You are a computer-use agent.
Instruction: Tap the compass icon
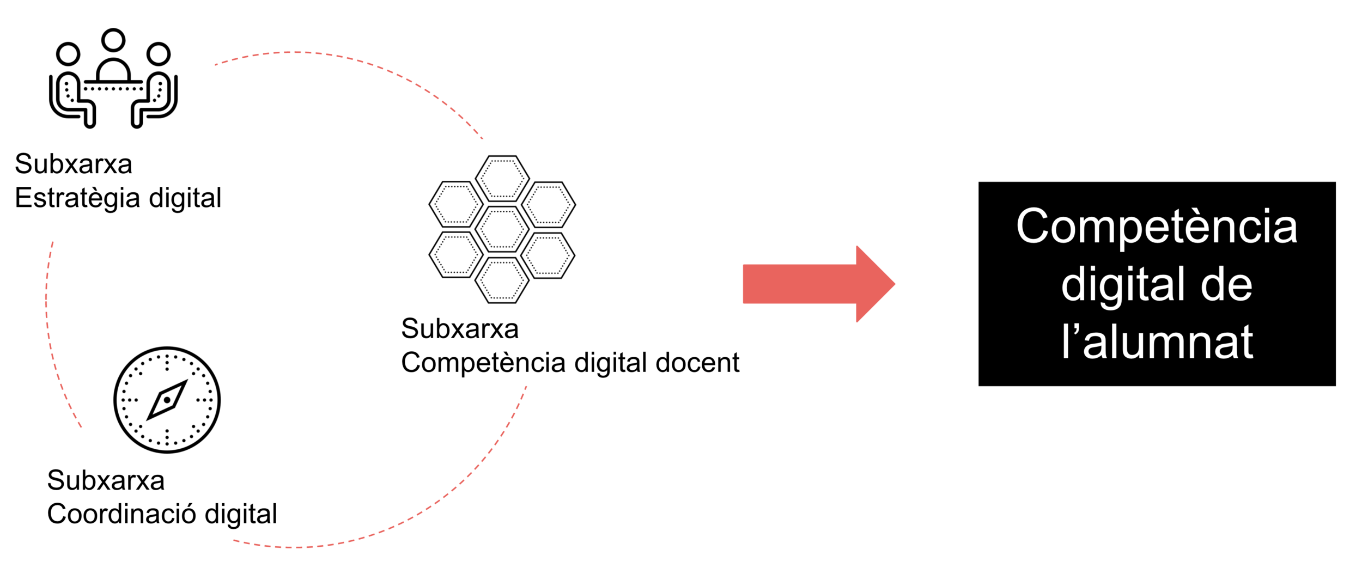click(x=167, y=400)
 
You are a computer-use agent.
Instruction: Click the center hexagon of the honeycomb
click(x=502, y=229)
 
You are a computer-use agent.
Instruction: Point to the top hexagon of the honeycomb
click(x=502, y=178)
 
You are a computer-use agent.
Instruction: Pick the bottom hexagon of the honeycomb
click(x=502, y=280)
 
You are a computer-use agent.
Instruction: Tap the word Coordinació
click(x=121, y=514)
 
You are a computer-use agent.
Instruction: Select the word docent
click(x=697, y=363)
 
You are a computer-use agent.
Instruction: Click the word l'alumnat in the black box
click(x=1157, y=343)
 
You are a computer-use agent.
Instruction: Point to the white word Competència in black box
click(x=1157, y=227)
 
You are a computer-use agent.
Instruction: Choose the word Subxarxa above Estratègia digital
click(x=74, y=164)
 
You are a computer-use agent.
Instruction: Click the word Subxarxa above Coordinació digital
click(x=106, y=480)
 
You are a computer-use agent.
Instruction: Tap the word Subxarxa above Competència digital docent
click(x=460, y=329)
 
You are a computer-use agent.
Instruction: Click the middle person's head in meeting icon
click(x=113, y=40)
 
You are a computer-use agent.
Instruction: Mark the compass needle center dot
click(x=167, y=400)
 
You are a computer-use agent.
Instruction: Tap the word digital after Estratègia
click(x=185, y=198)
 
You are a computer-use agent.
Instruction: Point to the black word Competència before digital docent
click(x=483, y=363)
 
